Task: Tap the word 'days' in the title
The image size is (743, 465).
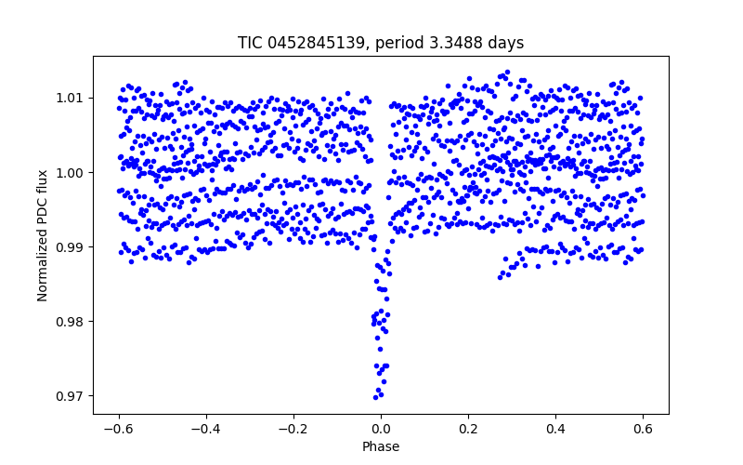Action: coord(505,43)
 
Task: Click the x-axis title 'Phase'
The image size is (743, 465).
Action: coord(381,446)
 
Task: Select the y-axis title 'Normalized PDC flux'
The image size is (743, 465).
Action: coord(43,234)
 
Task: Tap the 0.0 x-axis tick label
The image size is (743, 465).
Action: coord(381,429)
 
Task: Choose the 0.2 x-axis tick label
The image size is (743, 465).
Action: coord(468,429)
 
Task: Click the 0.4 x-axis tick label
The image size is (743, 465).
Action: coord(555,429)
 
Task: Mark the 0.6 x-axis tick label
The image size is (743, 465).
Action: coord(643,429)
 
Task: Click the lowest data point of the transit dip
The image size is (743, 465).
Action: coord(375,397)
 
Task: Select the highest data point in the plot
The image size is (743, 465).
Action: coord(506,72)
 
